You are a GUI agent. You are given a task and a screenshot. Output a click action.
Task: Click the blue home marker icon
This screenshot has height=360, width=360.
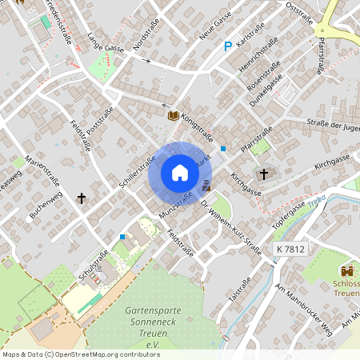click(180, 173)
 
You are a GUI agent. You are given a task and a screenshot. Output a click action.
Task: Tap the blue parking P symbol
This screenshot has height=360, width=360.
click(228, 48)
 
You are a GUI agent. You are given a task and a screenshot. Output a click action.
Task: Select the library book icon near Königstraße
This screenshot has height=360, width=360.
click(172, 115)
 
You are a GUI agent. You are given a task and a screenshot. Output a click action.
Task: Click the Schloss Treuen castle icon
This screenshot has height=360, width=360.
click(347, 272)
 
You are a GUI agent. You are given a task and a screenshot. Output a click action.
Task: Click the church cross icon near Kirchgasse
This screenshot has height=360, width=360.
click(264, 174)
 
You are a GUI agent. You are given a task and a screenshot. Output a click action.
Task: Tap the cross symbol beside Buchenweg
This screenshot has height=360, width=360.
click(81, 197)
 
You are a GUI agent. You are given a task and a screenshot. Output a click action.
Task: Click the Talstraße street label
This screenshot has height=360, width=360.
click(239, 286)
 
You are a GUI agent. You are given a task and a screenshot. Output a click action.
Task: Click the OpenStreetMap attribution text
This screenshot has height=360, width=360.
click(81, 354)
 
